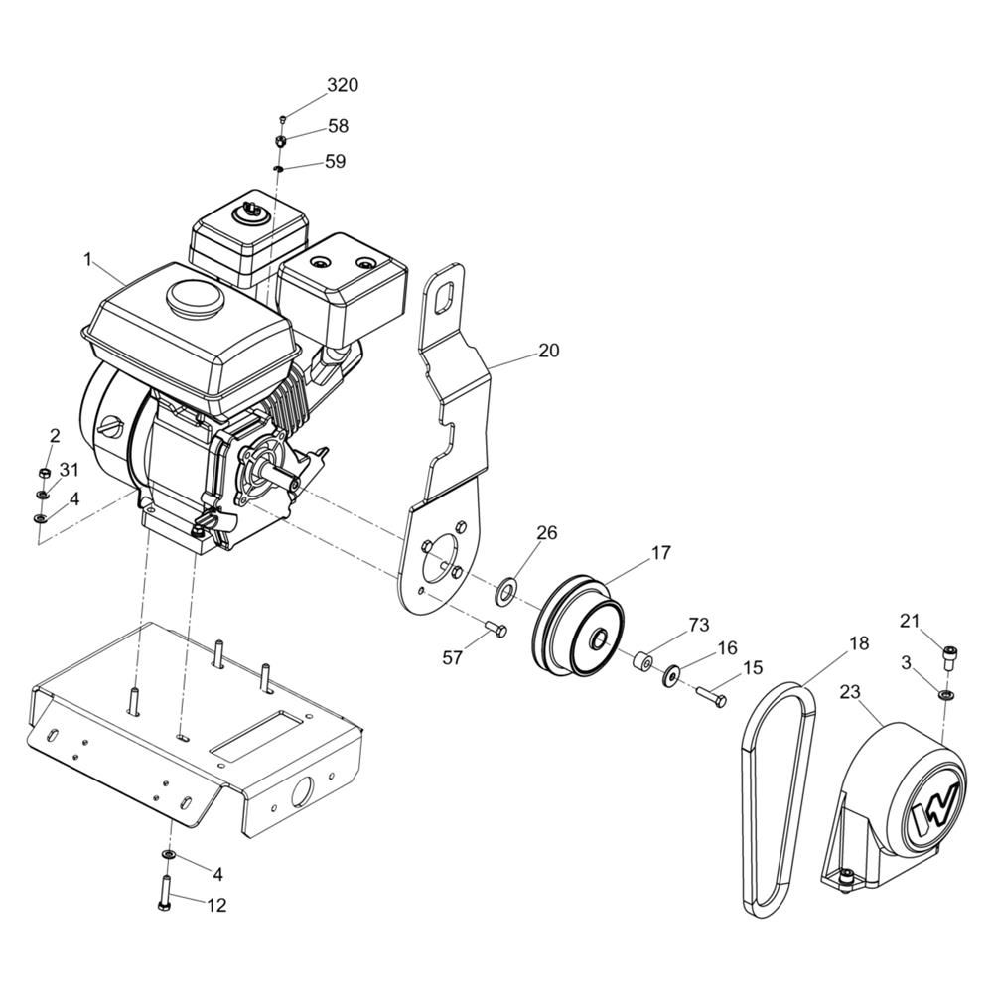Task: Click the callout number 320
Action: tap(343, 84)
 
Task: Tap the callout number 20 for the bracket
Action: tap(549, 351)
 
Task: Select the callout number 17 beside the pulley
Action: tap(660, 553)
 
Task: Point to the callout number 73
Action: tap(699, 625)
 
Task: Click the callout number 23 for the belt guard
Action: tap(851, 693)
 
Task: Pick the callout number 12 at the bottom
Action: tap(216, 905)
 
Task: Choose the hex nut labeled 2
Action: tap(45, 473)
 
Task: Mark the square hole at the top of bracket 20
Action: tap(447, 295)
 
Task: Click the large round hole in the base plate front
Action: tap(302, 791)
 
